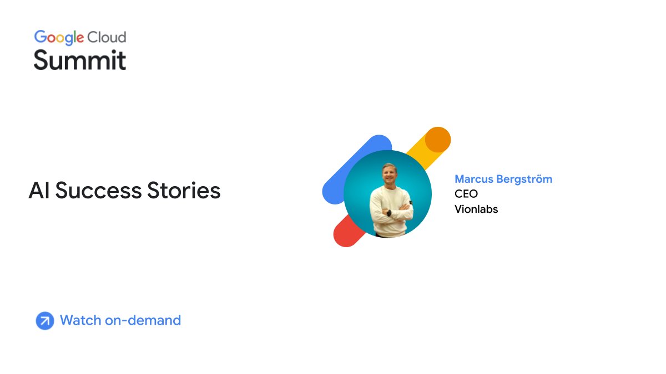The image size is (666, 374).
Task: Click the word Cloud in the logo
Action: [x=107, y=37]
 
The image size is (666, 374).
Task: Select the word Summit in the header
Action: [x=79, y=60]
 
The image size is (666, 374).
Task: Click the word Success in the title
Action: [x=98, y=191]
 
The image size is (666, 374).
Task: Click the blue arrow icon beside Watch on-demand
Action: [x=44, y=321]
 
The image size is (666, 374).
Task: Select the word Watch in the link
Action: [x=80, y=320]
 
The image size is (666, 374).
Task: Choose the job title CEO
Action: [x=466, y=194]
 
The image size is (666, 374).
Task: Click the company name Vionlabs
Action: [x=476, y=209]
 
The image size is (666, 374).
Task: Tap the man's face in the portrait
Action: [x=389, y=174]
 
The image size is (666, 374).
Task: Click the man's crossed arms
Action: [x=391, y=212]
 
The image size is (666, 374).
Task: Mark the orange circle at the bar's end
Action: [x=438, y=140]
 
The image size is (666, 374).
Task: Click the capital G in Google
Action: [x=40, y=37]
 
